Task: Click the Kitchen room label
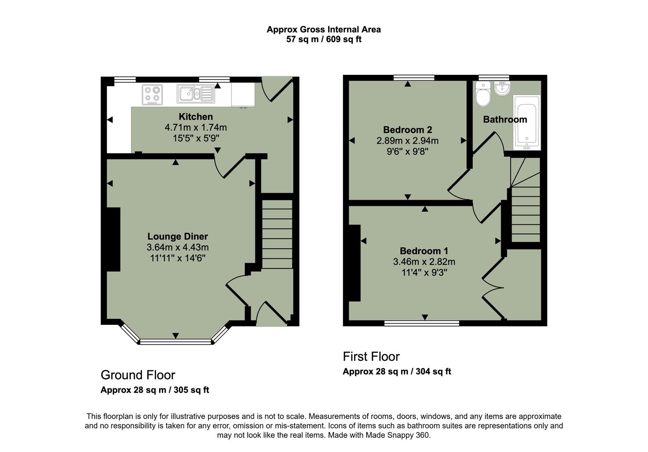pos(195,117)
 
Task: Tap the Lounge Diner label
pos(177,236)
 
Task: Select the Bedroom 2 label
pos(407,130)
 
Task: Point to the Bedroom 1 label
pos(424,251)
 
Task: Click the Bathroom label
pos(505,120)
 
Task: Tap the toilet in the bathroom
pos(483,95)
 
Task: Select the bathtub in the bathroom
pos(527,122)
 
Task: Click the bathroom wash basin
pos(501,88)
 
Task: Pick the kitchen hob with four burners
pos(152,95)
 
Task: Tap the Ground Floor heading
pos(138,375)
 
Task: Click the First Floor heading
pos(371,357)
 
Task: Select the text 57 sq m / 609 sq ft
pos(324,39)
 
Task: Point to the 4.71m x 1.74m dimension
pos(195,128)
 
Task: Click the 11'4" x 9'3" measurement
pos(424,273)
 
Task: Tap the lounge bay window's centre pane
pos(176,342)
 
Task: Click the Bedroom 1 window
pos(422,323)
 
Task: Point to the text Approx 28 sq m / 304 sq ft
pos(396,372)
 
